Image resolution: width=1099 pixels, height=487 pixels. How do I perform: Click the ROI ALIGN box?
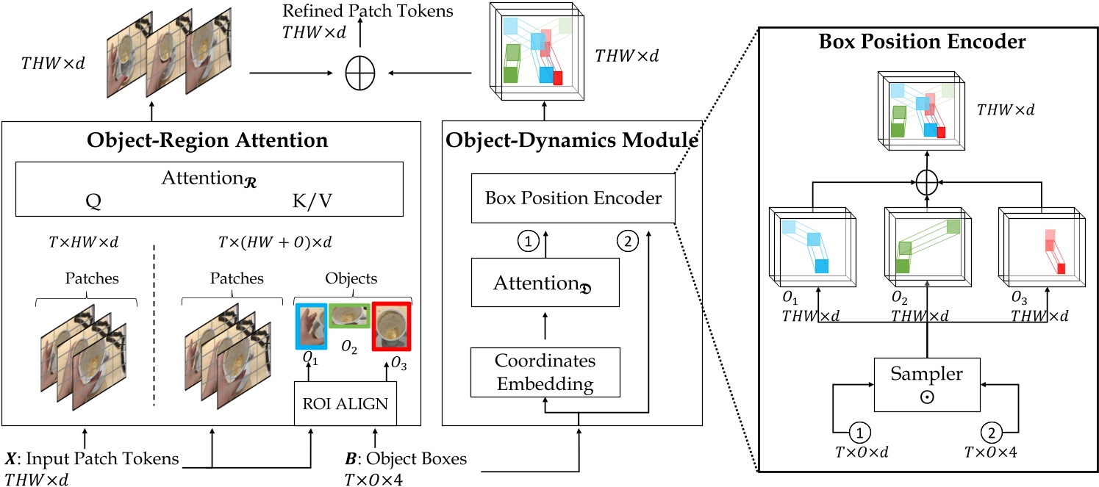coord(346,403)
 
